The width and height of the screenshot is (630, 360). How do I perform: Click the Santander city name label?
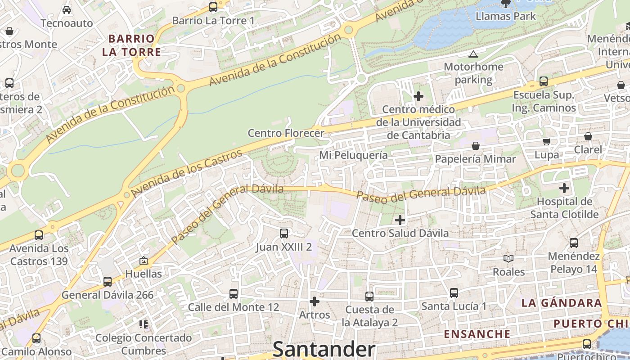point(324,349)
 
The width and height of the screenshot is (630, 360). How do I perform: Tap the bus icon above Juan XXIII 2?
point(284,233)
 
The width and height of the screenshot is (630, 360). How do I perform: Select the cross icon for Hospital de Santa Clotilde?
point(564,188)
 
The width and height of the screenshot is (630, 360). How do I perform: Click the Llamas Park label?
point(506,16)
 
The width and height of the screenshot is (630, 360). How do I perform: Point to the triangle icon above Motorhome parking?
point(473,54)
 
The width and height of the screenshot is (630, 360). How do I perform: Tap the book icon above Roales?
point(508,258)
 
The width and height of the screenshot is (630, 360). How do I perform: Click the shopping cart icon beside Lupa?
point(547,142)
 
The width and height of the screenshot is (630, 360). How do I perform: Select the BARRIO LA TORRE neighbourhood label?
point(131,45)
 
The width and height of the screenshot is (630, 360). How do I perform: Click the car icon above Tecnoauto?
point(67,9)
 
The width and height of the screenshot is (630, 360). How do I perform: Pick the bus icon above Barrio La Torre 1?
point(213,7)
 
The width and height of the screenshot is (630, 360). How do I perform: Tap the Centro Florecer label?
point(286,133)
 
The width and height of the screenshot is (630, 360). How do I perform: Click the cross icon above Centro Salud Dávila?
point(400,220)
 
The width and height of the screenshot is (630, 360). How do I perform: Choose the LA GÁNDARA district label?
point(562,303)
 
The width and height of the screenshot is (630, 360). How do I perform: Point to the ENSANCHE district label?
point(477,334)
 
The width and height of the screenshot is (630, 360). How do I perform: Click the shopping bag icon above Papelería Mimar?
point(476,146)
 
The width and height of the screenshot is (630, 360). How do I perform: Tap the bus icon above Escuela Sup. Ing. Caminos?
point(544,81)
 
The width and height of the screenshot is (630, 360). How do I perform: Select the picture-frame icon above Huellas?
point(144,261)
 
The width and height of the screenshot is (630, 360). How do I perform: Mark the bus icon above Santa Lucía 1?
point(454,293)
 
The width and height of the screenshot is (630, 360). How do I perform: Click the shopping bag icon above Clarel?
point(588,136)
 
